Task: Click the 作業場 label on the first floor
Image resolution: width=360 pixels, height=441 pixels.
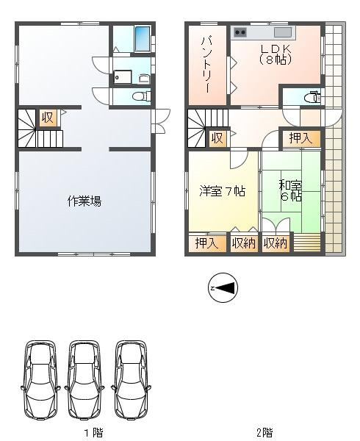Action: point(84,201)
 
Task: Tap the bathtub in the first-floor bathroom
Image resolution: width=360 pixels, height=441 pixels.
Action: point(143,38)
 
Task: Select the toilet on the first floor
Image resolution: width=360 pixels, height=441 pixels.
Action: point(141,96)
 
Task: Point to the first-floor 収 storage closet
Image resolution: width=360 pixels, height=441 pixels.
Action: point(49,118)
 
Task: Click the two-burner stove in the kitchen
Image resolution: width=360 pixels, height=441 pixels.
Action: point(240,32)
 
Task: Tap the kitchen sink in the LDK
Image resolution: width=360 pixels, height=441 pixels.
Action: point(283,32)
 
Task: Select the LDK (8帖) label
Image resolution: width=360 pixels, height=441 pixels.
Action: point(275,54)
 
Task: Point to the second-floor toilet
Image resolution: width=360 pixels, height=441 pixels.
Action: point(312,97)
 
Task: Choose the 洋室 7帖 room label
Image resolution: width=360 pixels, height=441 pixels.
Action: point(223,192)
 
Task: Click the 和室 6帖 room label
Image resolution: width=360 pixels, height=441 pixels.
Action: point(290,191)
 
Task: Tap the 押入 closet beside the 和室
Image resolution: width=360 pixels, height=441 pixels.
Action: point(301,138)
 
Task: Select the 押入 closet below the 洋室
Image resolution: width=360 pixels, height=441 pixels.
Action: point(207,243)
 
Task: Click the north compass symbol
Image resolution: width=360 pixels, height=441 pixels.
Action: point(223,287)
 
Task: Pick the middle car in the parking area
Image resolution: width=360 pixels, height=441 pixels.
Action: point(85,380)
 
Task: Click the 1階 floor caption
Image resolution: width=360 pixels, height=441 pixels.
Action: point(94,432)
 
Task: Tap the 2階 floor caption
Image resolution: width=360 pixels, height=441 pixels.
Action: point(264,432)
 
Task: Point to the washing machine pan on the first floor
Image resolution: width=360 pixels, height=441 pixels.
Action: point(123,76)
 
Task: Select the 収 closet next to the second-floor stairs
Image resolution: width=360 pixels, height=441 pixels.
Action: point(217,138)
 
